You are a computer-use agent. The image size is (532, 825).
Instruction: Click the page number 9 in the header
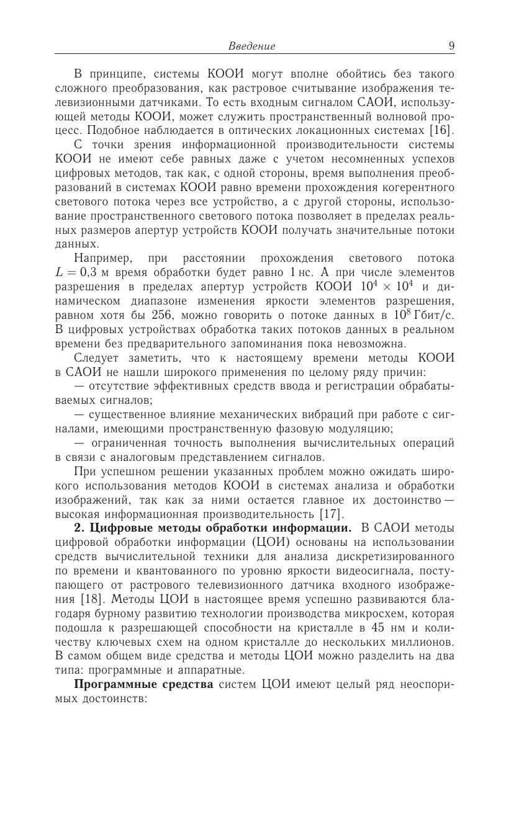451,46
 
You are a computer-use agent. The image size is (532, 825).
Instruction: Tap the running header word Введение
251,46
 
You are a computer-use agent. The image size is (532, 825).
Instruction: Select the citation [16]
442,130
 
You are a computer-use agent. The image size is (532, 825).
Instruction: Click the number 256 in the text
164,315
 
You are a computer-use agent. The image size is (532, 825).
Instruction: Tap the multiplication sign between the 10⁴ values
377,287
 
